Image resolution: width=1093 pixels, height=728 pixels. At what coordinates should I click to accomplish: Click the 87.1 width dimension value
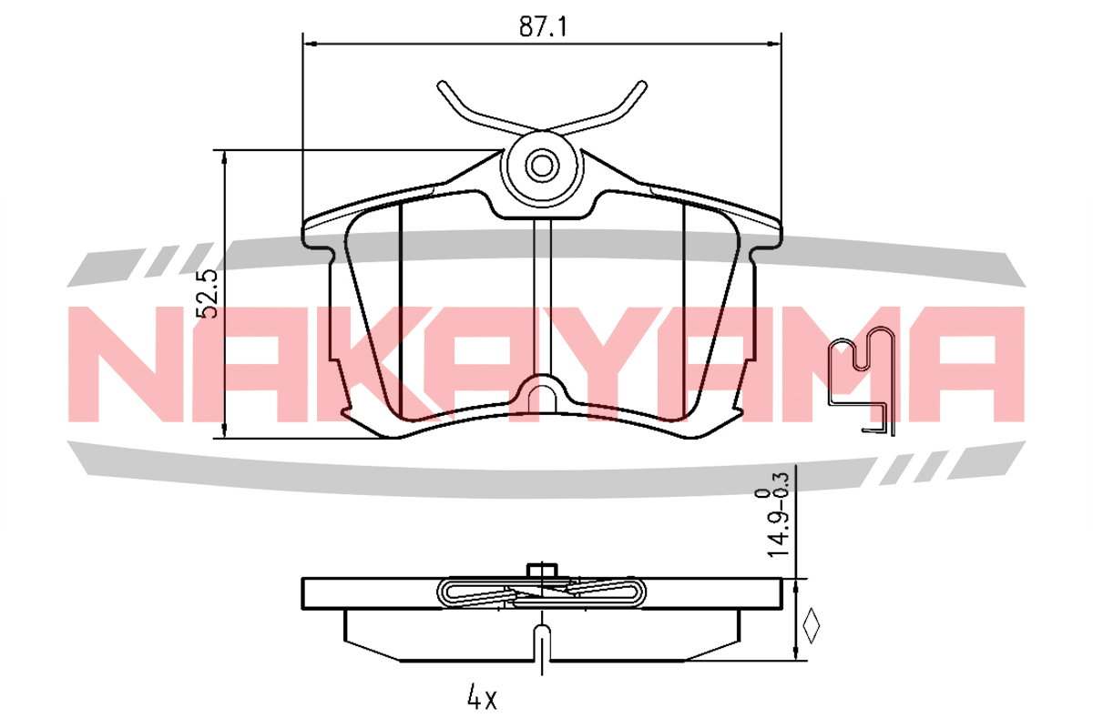(x=543, y=26)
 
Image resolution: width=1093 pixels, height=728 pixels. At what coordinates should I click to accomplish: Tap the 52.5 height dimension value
(x=207, y=294)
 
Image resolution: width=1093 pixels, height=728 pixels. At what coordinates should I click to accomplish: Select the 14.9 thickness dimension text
(x=778, y=535)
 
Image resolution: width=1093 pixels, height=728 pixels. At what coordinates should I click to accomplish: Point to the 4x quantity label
(x=482, y=697)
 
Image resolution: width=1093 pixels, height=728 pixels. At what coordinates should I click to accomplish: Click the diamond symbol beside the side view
(x=812, y=625)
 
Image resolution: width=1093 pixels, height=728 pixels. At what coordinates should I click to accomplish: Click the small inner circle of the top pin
(x=542, y=167)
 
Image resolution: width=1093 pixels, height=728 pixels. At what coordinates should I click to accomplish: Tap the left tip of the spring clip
(x=442, y=86)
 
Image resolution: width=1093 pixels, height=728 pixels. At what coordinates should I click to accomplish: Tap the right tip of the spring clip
(x=643, y=86)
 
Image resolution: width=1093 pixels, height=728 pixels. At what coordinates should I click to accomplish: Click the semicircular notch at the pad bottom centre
(x=542, y=394)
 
